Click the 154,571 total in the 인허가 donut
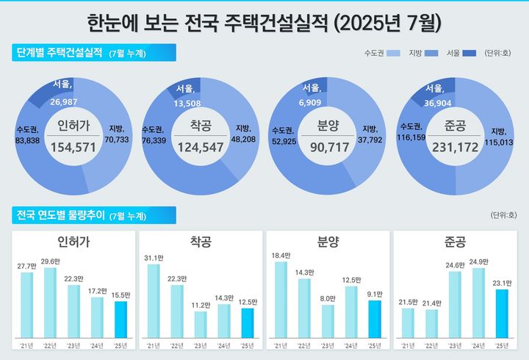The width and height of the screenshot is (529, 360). pos(73,148)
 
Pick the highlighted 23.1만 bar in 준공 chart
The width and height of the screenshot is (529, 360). pos(501,312)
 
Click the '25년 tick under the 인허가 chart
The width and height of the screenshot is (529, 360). pos(120,345)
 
